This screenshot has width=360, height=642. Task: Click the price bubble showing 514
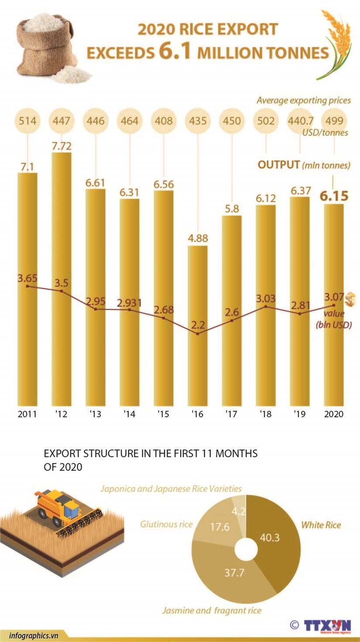(x=27, y=120)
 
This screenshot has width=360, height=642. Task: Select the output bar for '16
(x=198, y=327)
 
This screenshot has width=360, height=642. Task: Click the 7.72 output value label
(x=61, y=146)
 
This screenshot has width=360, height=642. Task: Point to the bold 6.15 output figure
(x=334, y=196)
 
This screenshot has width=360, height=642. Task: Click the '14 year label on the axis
(x=130, y=414)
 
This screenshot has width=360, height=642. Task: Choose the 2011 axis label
(x=27, y=414)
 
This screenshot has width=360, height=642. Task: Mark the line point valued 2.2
(x=198, y=334)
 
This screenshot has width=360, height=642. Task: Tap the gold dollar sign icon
(x=350, y=300)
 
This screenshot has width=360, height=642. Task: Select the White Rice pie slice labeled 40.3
(x=275, y=541)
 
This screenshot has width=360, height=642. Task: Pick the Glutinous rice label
(x=166, y=524)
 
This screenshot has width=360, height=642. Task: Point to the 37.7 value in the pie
(x=234, y=573)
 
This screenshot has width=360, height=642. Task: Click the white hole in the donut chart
(x=246, y=550)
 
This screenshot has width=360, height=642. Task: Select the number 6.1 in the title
(x=175, y=51)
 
